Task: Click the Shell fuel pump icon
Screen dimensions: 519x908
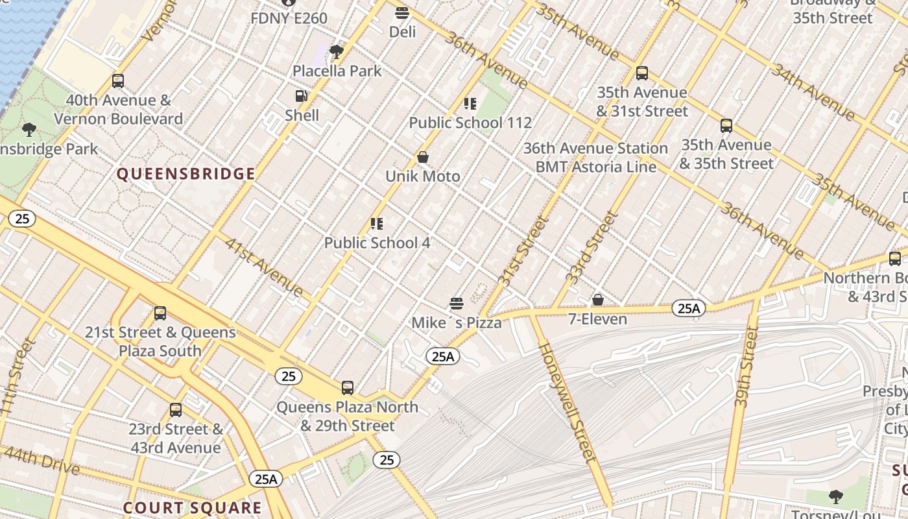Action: (302, 96)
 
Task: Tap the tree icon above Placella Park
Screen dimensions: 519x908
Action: (336, 51)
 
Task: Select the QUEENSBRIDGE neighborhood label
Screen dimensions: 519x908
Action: (185, 174)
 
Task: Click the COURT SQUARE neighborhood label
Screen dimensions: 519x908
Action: (192, 508)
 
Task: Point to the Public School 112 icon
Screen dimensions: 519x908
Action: (470, 104)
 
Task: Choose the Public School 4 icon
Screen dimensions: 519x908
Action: (377, 224)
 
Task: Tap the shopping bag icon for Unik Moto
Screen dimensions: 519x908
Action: (423, 157)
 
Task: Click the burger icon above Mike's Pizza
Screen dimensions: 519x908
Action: (457, 303)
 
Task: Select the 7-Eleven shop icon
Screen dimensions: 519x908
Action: (598, 300)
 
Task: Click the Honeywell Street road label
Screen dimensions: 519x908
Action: (567, 402)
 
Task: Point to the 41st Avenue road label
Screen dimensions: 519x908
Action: (264, 267)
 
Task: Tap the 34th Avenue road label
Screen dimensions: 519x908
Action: (813, 91)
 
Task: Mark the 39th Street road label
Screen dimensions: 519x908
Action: (747, 367)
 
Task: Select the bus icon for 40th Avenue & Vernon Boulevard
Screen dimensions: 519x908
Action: (118, 81)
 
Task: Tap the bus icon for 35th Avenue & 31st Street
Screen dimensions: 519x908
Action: (642, 73)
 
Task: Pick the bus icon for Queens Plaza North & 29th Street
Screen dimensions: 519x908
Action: (348, 388)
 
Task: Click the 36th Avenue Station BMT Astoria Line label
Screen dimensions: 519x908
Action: (595, 158)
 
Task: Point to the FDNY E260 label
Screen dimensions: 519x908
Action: (289, 18)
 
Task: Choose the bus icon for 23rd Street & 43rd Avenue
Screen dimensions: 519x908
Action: (176, 410)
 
